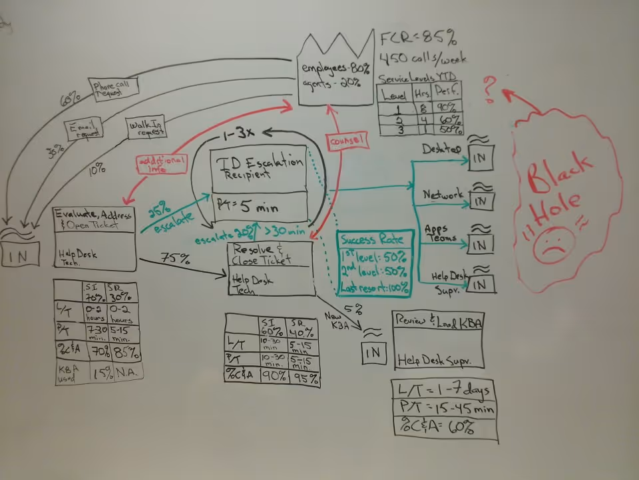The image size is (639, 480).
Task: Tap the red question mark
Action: (490, 89)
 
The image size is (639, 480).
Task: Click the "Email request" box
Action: (84, 128)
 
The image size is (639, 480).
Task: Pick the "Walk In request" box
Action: (146, 127)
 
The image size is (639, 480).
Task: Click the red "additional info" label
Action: (162, 164)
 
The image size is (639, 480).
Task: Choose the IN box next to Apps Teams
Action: (480, 244)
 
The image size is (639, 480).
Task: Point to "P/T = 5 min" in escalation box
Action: (248, 207)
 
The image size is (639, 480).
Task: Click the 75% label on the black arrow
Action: (173, 257)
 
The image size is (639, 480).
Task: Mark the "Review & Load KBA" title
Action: (438, 320)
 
